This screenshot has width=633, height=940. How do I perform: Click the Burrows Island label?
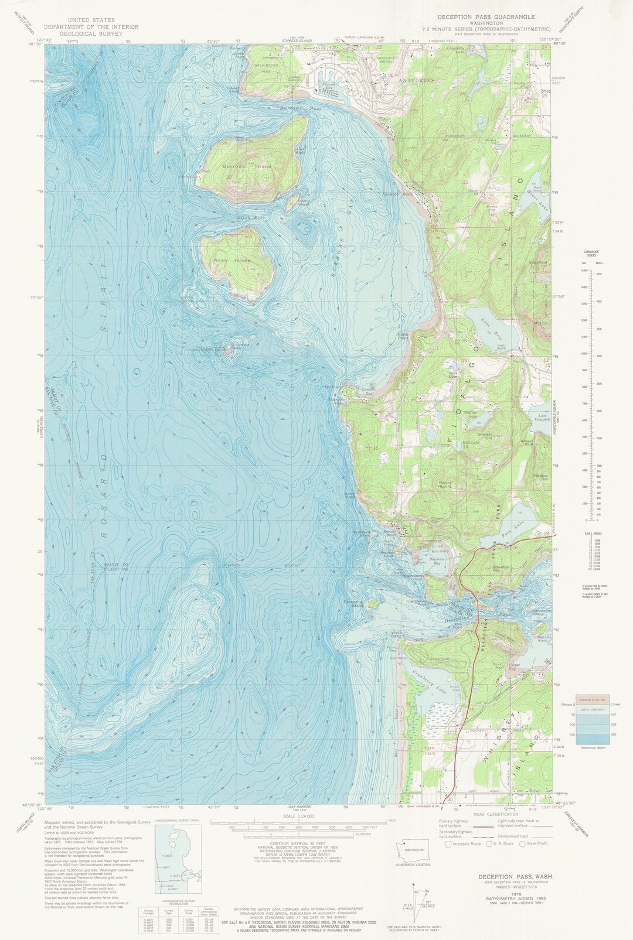tap(247, 166)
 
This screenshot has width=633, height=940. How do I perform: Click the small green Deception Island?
tap(372, 604)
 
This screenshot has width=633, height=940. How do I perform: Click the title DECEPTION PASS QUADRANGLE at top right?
tap(486, 18)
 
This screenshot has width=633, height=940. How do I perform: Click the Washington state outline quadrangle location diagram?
tap(413, 849)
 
